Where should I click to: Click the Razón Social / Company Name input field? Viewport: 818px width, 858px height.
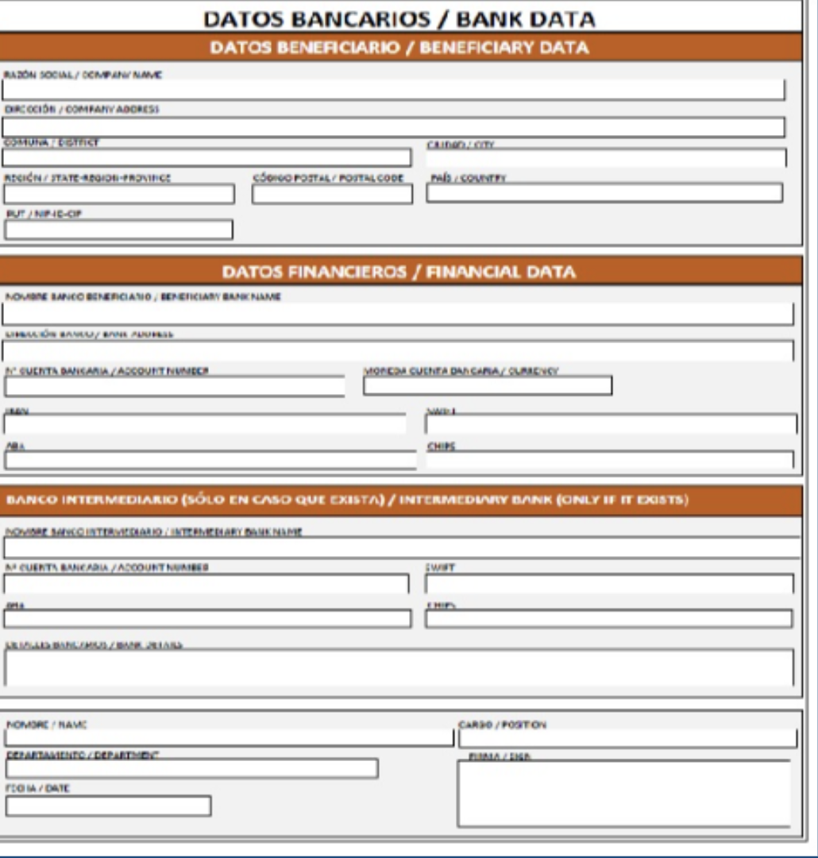click(x=393, y=90)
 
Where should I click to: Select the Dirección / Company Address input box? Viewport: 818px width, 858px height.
click(x=393, y=127)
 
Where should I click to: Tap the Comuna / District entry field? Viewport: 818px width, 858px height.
click(x=206, y=157)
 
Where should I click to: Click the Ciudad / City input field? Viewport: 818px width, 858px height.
click(x=606, y=158)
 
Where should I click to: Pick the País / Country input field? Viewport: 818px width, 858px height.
click(x=604, y=193)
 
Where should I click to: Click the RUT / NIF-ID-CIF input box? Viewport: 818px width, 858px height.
click(x=118, y=230)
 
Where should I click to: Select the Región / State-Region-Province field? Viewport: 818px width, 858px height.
click(x=119, y=194)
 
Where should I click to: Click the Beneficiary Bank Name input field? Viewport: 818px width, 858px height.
click(x=397, y=315)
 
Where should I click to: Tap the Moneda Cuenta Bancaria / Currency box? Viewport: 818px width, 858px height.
click(x=488, y=386)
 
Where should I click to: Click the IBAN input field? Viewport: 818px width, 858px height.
click(x=204, y=424)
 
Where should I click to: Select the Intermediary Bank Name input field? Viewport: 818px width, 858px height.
click(x=401, y=547)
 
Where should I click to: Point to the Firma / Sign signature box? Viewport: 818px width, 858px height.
click(x=624, y=794)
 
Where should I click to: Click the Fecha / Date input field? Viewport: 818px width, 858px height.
click(x=108, y=806)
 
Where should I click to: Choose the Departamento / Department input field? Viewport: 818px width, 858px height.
click(x=191, y=768)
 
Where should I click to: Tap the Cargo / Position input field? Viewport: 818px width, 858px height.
click(x=627, y=738)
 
